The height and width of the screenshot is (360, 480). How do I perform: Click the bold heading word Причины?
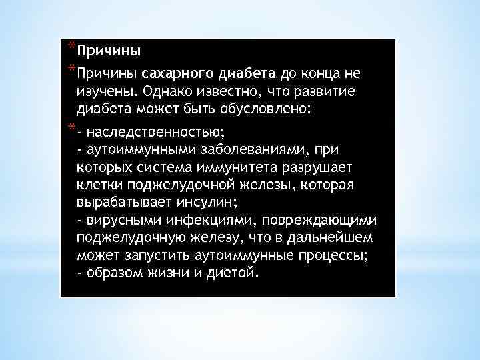pos(109,51)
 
